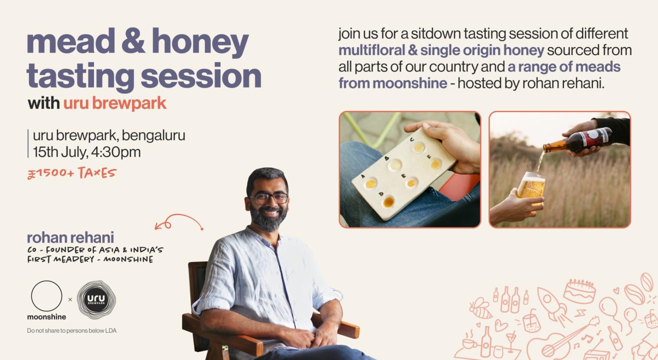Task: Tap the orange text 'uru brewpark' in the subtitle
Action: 114,103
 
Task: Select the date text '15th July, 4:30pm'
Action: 86,152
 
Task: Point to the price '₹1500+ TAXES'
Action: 71,173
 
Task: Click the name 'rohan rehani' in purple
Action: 70,237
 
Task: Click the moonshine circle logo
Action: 46,296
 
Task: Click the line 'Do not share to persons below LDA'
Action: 71,330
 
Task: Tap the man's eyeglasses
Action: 269,198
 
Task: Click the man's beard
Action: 269,219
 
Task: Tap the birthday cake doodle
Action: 579,291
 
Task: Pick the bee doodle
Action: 480,308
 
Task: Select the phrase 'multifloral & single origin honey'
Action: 441,50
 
